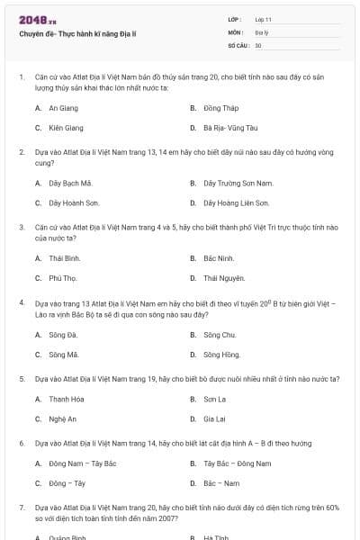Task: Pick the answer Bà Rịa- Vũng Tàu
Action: pos(229,128)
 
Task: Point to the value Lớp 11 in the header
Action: pos(263,19)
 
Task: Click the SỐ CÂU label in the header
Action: pos(238,44)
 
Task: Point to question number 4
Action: pos(22,304)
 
